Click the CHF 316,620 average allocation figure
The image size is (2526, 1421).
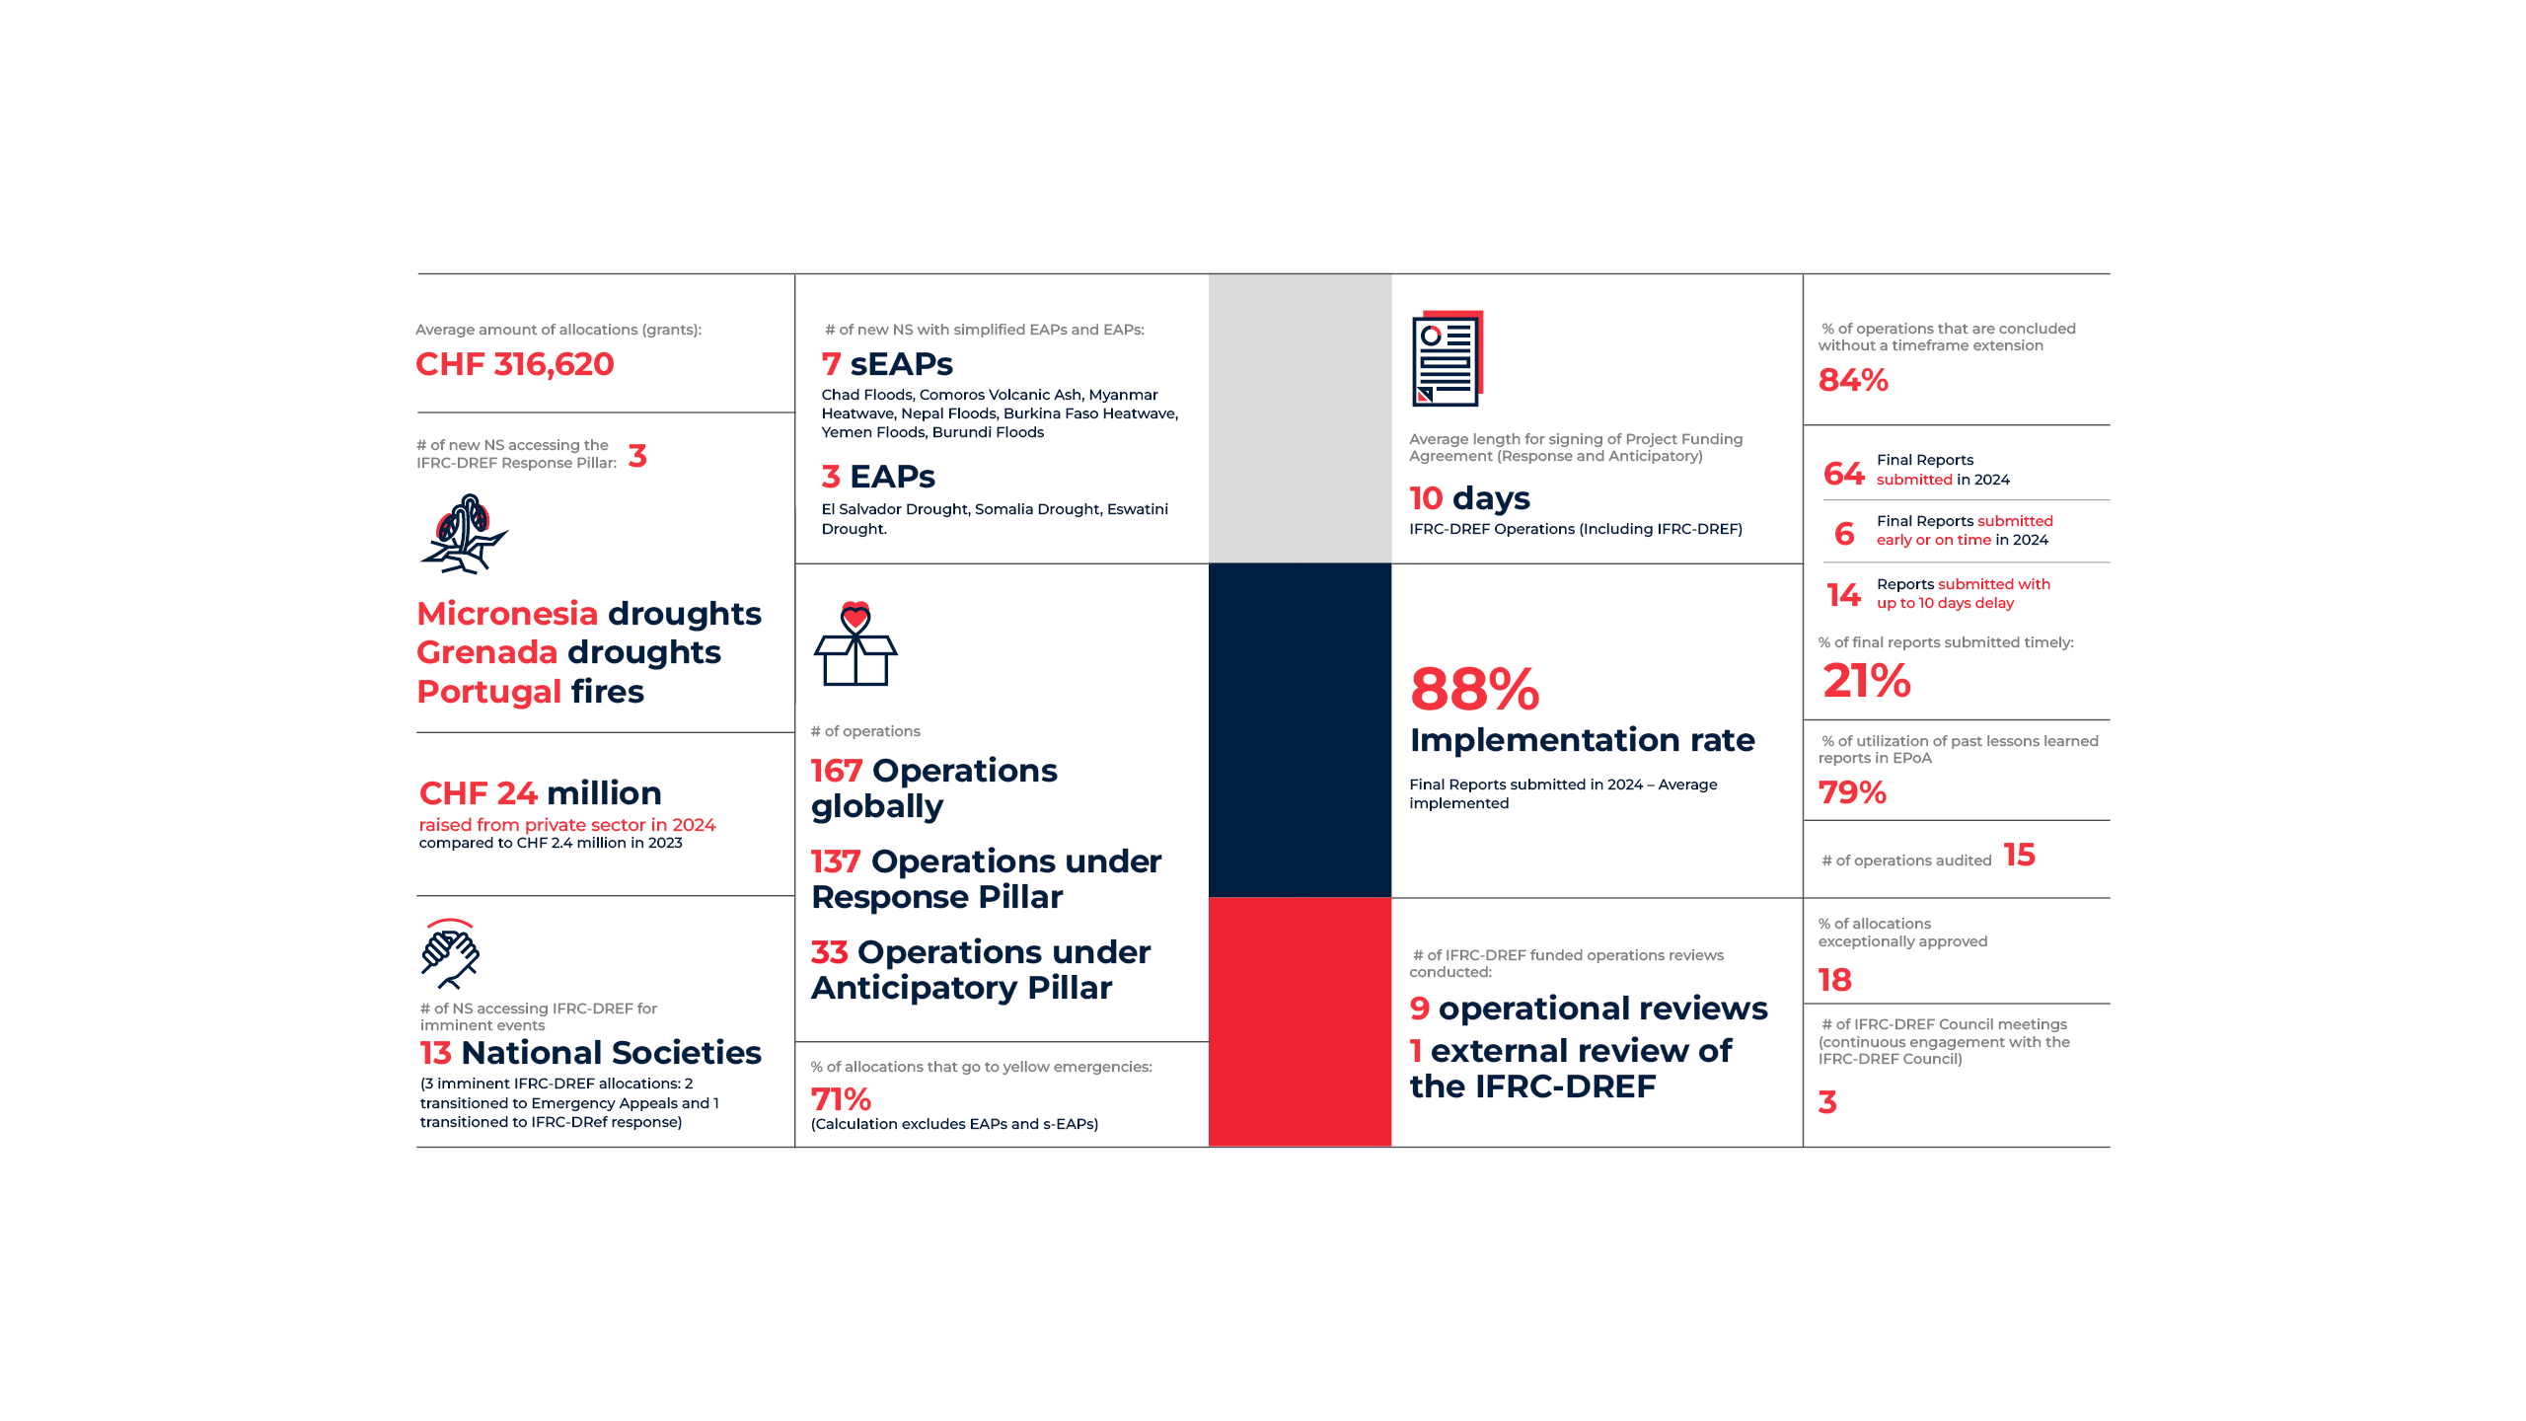coord(514,364)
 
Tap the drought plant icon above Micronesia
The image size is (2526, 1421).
coord(464,534)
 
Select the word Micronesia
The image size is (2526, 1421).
coord(507,614)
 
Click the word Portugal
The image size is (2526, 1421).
coord(488,692)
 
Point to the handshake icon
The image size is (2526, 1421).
coord(450,953)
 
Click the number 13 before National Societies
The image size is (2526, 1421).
coord(435,1053)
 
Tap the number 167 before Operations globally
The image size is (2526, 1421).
coord(836,771)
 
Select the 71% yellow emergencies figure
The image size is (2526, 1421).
coord(841,1099)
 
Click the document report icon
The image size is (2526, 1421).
coord(1448,359)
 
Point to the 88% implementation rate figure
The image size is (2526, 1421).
coord(1474,689)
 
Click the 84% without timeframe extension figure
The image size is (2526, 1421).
coord(1853,380)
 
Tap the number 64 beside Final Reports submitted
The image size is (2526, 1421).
coord(1843,474)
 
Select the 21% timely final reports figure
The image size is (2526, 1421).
coord(1867,681)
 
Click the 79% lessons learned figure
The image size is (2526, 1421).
coord(1852,792)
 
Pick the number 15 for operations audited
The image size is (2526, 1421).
coord(2019,855)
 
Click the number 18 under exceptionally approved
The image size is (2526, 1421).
coord(1835,980)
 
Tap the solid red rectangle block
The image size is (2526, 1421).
coord(1300,1021)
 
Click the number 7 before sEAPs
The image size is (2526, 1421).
coord(831,364)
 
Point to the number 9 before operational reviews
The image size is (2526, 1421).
coord(1419,1009)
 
